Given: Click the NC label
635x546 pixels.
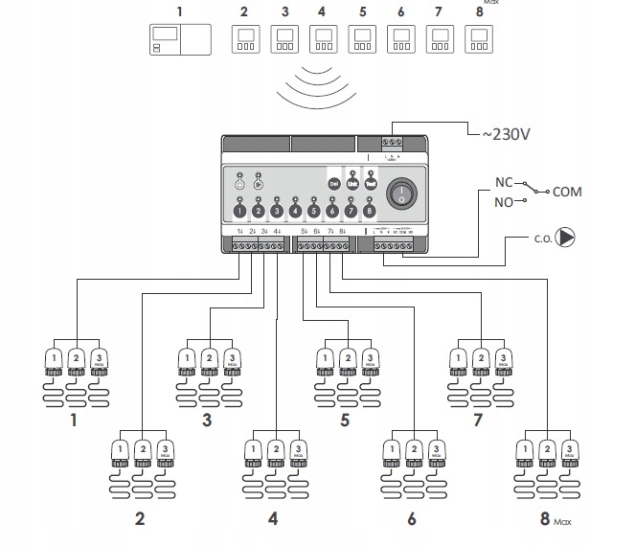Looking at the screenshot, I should [x=505, y=181].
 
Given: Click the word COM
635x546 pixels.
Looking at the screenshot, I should [x=567, y=192].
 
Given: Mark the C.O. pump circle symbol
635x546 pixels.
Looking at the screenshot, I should [x=566, y=236].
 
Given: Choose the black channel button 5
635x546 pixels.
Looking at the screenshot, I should [x=313, y=210].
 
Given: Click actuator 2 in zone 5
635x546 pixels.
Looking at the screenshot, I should [x=346, y=361].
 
